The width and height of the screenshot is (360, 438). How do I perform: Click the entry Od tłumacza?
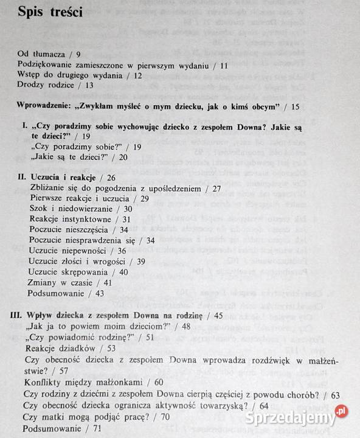click(43, 54)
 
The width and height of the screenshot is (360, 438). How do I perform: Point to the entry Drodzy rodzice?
click(46, 85)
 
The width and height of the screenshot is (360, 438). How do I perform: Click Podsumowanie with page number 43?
click(58, 293)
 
